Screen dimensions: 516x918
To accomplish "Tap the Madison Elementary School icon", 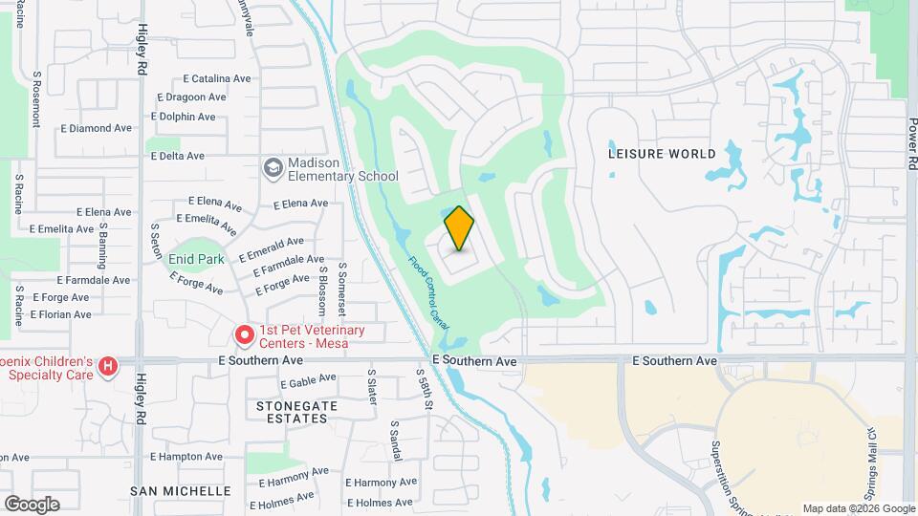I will (x=273, y=167).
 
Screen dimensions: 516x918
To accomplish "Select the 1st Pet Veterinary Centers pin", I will (x=244, y=335).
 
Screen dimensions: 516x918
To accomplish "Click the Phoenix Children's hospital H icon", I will (x=108, y=365).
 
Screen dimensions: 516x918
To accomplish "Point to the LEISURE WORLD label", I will (x=663, y=154).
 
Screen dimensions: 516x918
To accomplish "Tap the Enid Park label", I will (x=196, y=259).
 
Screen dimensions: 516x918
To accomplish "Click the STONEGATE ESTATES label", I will (x=297, y=412).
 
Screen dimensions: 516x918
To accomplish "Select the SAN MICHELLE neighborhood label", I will (x=181, y=490).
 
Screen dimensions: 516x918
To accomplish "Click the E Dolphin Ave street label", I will (x=184, y=117).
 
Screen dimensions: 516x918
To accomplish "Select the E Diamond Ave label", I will (x=96, y=128).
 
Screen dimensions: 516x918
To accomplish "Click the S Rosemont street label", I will (x=36, y=98).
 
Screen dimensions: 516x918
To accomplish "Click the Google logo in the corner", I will (x=32, y=504).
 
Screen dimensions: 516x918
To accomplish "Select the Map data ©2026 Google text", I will (x=859, y=508).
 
